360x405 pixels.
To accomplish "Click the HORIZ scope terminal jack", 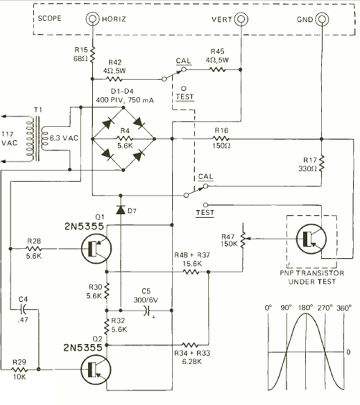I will (x=92, y=19).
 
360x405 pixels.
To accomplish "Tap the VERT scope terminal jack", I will (x=241, y=19).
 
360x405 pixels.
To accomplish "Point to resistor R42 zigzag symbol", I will (x=115, y=79).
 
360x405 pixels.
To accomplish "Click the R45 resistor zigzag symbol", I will (x=218, y=69).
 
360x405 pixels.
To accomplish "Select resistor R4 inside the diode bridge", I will (x=123, y=139).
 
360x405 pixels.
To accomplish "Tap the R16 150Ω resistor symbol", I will (x=221, y=139).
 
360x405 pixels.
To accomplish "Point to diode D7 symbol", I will (x=120, y=209).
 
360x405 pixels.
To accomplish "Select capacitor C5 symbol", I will (x=146, y=310).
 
